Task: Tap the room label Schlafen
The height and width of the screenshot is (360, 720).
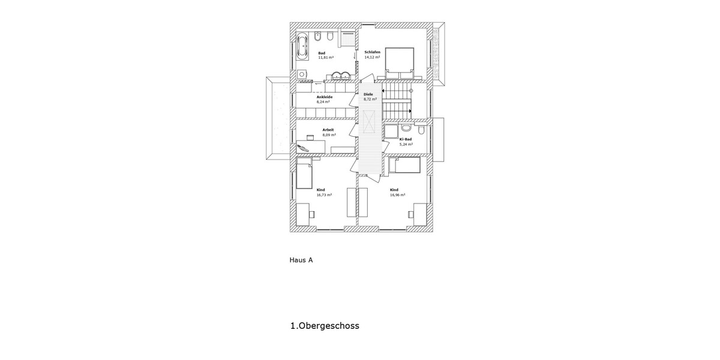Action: pyautogui.click(x=372, y=52)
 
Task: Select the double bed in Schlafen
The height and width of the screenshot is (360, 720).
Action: pyautogui.click(x=398, y=62)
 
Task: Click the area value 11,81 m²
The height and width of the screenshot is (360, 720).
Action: pyautogui.click(x=326, y=58)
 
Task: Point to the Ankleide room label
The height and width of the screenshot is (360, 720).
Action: pyautogui.click(x=324, y=97)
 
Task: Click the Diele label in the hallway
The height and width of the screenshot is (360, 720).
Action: pyautogui.click(x=368, y=94)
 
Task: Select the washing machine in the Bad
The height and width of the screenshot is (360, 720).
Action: pyautogui.click(x=302, y=74)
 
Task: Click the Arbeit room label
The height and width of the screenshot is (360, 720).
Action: pyautogui.click(x=328, y=130)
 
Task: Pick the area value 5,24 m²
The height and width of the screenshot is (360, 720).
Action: pyautogui.click(x=406, y=144)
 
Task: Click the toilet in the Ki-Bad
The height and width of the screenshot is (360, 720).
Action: pyautogui.click(x=422, y=129)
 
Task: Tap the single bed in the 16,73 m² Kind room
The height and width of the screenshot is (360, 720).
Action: pyautogui.click(x=304, y=173)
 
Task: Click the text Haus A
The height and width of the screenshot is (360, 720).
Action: pyautogui.click(x=301, y=260)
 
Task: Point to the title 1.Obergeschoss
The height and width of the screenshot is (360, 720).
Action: pyautogui.click(x=325, y=326)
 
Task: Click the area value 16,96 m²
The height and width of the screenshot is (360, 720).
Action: pyautogui.click(x=397, y=195)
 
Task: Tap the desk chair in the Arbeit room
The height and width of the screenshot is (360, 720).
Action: pyautogui.click(x=304, y=145)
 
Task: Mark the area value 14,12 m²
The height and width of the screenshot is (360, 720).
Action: pyautogui.click(x=372, y=58)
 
